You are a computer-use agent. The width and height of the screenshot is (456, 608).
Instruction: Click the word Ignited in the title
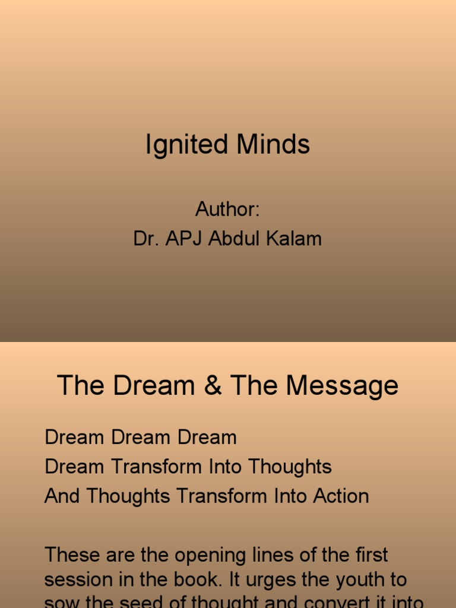click(x=183, y=145)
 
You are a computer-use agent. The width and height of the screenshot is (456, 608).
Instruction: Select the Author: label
click(x=228, y=210)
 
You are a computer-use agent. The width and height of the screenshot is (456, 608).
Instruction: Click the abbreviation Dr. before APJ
click(x=146, y=239)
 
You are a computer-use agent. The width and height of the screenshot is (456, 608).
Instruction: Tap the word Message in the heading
click(x=342, y=386)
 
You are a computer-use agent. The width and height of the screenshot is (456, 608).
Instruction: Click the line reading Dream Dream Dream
click(x=141, y=438)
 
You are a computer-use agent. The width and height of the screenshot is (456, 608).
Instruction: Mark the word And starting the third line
click(x=63, y=496)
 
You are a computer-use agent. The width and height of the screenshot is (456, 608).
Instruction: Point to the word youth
click(x=382, y=580)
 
